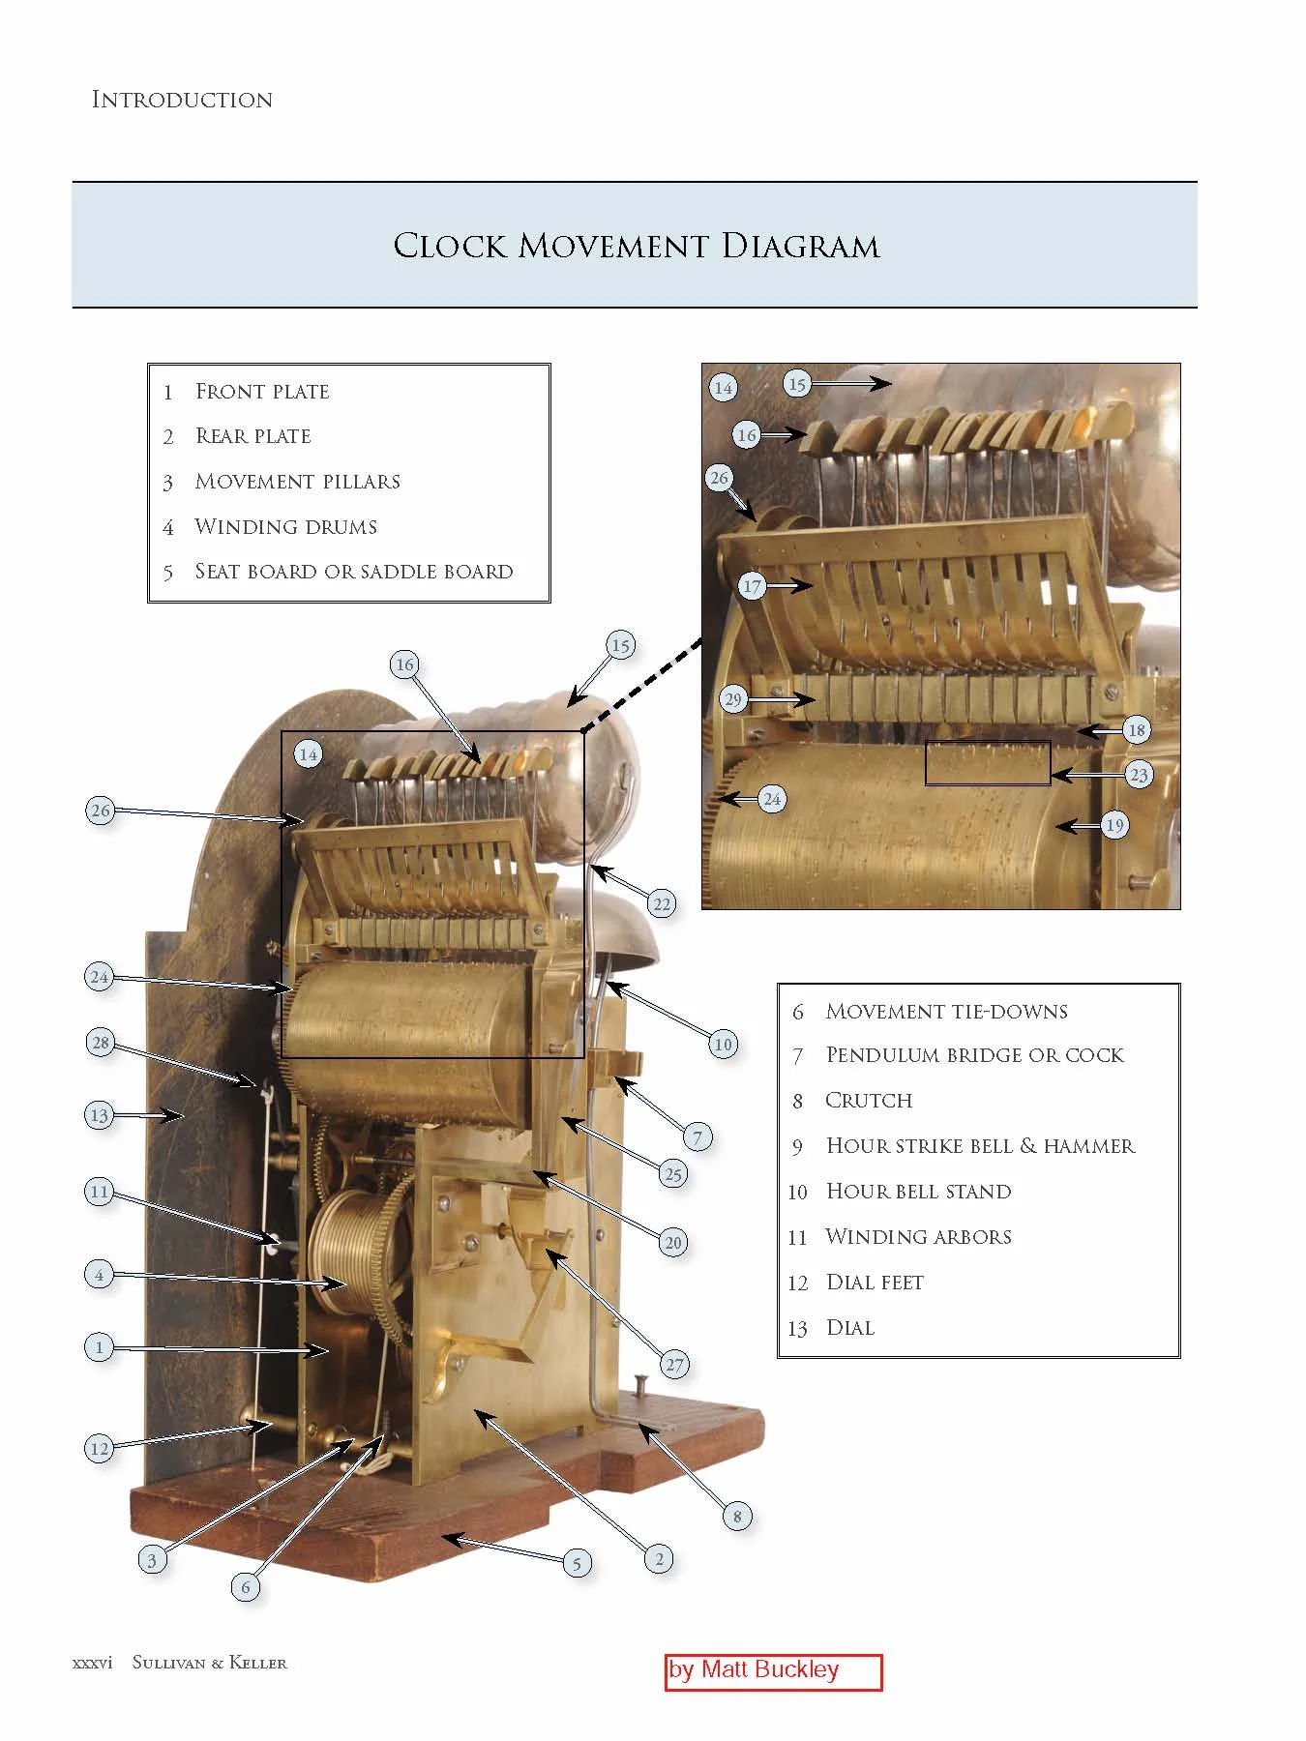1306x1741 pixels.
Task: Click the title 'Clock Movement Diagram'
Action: pos(636,246)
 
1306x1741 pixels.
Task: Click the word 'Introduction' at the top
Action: pos(182,100)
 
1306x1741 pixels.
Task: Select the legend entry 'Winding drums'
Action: pos(285,527)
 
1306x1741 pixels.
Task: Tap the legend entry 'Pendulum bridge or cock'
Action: pos(973,1055)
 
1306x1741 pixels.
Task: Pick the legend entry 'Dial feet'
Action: pos(874,1283)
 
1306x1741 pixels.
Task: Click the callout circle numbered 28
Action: pos(101,1043)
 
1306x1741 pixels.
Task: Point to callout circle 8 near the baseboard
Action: pos(737,1516)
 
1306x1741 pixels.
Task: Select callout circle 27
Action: pos(674,1365)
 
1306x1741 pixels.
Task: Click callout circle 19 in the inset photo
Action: pos(1114,825)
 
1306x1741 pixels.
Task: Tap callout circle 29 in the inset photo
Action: pos(733,699)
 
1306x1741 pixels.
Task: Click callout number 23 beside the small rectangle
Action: pos(1139,775)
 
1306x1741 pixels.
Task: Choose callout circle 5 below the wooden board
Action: pos(577,1563)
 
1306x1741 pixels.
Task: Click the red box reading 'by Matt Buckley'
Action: pos(773,1671)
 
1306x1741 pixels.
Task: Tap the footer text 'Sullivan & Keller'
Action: pos(209,1663)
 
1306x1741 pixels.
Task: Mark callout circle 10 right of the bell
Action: pos(723,1044)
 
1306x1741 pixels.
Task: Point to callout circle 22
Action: pos(662,904)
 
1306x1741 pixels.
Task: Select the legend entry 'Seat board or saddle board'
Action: pos(353,572)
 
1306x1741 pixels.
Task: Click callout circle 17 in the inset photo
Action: pos(752,586)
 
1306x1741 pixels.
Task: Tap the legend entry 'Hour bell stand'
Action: pos(917,1192)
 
